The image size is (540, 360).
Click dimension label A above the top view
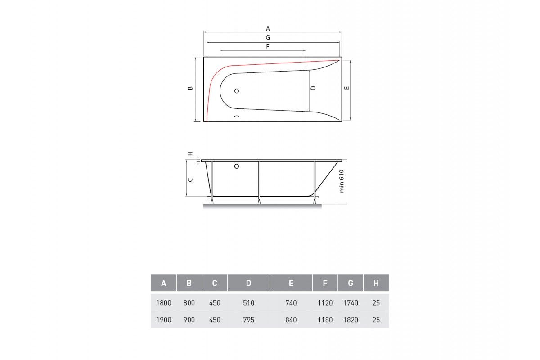point(268,28)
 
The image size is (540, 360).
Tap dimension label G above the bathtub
point(268,37)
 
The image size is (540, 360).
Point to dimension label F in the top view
point(268,46)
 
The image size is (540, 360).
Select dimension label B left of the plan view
point(190,88)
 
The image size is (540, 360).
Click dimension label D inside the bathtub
point(313,88)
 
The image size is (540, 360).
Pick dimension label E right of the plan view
point(347,88)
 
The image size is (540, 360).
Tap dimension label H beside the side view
point(190,153)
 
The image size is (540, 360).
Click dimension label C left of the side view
point(190,180)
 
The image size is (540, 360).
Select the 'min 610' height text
point(342,181)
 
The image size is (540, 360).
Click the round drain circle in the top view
point(237,91)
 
